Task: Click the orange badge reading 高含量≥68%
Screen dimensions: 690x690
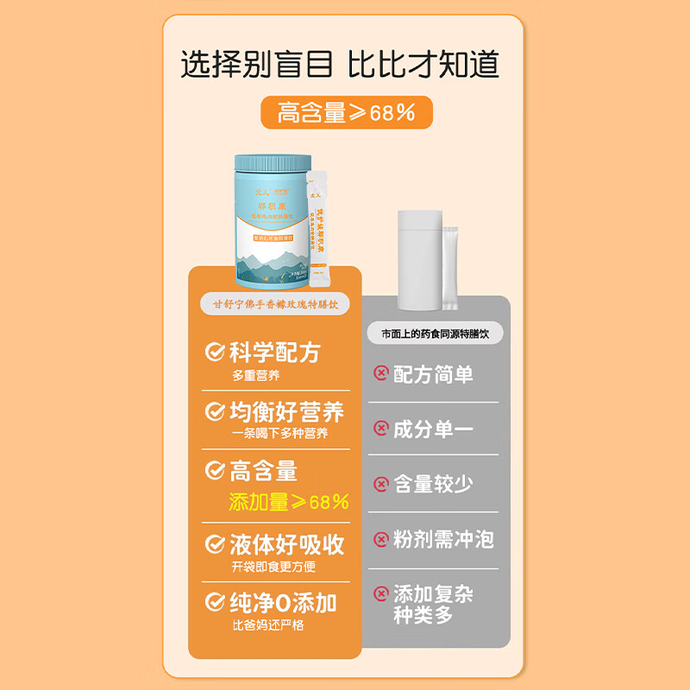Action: (346, 112)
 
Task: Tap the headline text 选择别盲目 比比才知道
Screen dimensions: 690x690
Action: (340, 65)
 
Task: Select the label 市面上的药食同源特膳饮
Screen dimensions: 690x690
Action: (435, 333)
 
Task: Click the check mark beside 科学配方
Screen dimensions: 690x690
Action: (214, 352)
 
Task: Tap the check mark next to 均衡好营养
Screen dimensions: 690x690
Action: (214, 411)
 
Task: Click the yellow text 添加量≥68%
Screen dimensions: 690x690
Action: (288, 502)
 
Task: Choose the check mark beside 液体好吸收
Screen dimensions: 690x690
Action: (214, 544)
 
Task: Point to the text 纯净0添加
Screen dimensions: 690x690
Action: (283, 602)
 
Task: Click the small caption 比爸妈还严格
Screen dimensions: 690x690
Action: (267, 625)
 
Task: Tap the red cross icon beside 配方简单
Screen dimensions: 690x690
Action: (380, 373)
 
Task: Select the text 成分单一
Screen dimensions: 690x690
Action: (433, 429)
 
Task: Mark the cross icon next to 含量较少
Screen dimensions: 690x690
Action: (380, 485)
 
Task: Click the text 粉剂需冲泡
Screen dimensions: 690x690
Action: (443, 540)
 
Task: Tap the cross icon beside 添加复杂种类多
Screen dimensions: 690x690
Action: (380, 594)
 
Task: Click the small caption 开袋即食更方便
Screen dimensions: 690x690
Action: (273, 567)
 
